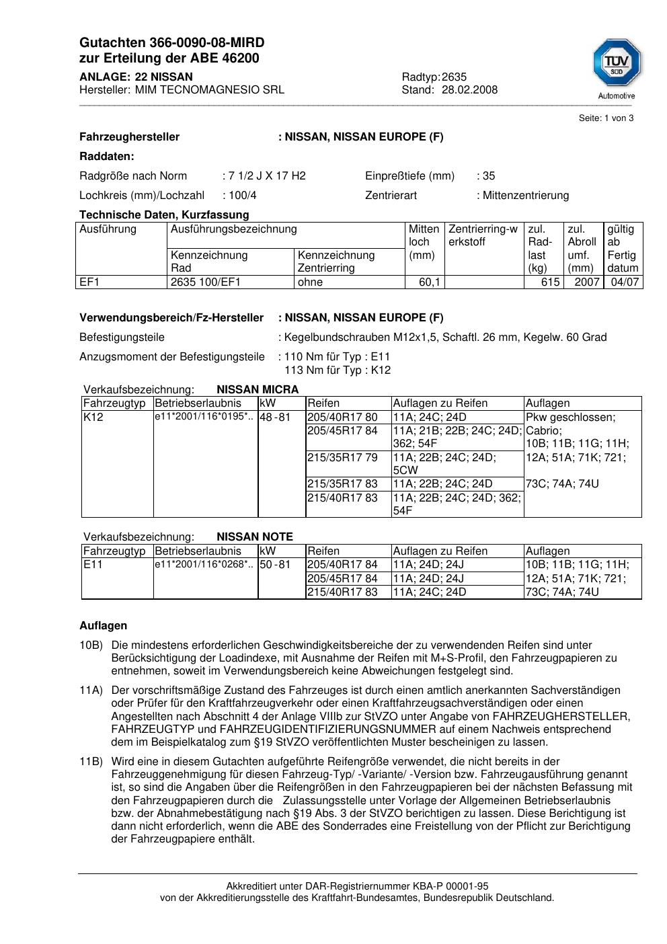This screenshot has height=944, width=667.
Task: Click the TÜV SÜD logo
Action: click(617, 65)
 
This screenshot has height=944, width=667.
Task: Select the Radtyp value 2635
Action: click(454, 77)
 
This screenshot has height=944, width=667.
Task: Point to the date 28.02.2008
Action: click(469, 90)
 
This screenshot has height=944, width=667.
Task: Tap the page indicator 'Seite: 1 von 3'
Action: click(606, 118)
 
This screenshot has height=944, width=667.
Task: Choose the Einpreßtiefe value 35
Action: click(489, 176)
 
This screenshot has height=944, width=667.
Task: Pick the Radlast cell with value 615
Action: click(550, 282)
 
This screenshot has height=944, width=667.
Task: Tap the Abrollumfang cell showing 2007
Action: click(586, 282)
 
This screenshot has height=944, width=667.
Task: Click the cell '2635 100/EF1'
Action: click(205, 282)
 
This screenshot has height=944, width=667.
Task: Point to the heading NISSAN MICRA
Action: click(258, 390)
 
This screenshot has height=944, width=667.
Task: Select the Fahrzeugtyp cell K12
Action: click(92, 418)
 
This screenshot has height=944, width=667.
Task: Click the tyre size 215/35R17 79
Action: click(342, 458)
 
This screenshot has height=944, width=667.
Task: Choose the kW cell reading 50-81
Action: click(275, 565)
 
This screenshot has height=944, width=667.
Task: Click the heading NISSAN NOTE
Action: click(255, 537)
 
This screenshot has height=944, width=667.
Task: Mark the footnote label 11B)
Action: click(91, 762)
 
